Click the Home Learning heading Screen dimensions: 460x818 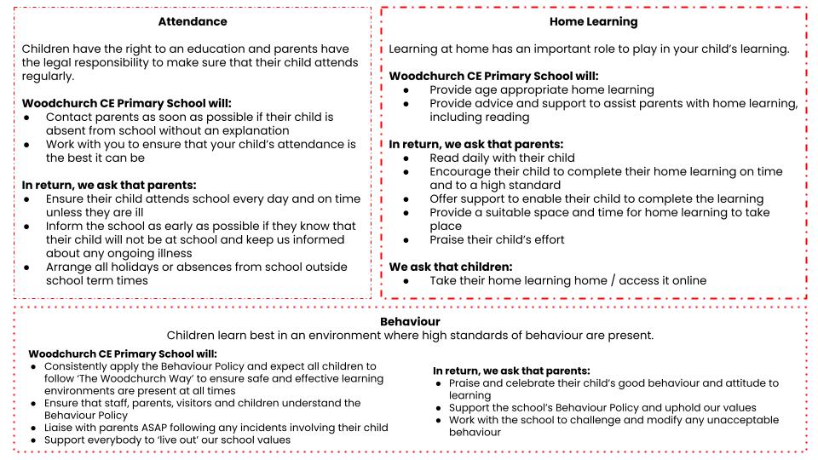tap(595, 21)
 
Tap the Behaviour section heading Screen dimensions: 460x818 tap(409, 321)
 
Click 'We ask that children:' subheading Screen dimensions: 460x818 tap(451, 266)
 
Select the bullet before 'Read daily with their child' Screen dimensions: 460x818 tap(410, 158)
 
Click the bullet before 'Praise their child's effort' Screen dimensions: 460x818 tap(410, 239)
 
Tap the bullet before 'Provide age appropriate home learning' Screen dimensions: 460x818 tap(410, 89)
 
